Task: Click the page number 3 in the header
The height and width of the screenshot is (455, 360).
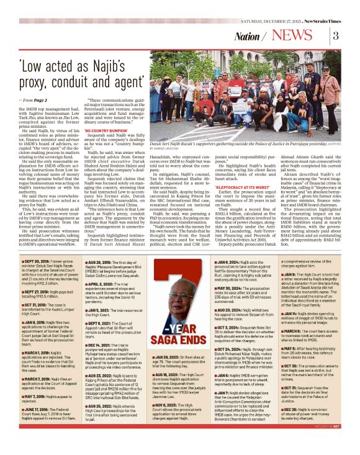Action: (336, 35)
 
